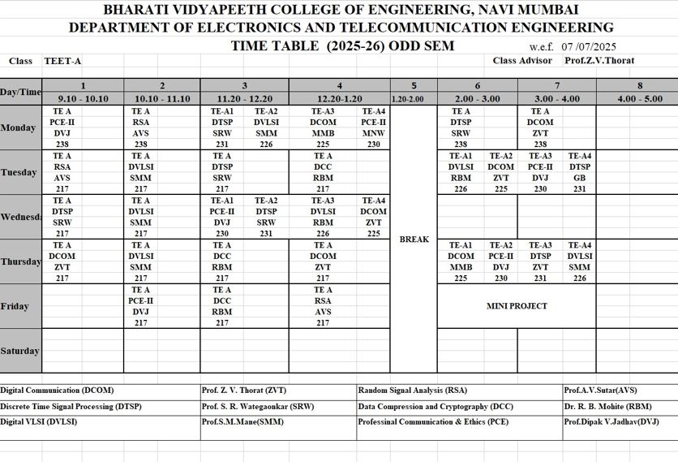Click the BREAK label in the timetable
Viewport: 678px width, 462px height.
pos(414,240)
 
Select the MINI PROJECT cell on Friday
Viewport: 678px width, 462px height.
pos(517,306)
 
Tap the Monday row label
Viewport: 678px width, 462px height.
pos(18,128)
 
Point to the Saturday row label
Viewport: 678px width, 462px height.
pos(19,351)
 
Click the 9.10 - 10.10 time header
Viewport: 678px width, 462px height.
pos(83,98)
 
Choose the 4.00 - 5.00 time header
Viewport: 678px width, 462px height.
pos(639,98)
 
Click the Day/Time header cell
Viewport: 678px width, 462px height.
pos(20,92)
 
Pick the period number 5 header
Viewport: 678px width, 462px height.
pos(414,85)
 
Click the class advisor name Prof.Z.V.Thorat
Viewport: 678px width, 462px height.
pos(599,60)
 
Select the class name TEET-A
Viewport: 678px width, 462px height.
pos(62,61)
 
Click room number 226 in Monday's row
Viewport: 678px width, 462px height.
pos(266,144)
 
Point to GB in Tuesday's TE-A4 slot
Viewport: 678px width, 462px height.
pos(579,177)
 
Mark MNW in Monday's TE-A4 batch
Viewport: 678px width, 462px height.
pos(374,133)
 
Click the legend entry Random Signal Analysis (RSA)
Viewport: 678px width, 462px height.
pos(412,391)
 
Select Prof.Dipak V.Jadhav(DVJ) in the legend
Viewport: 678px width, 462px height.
pos(611,422)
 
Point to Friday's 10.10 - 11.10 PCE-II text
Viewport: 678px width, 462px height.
pos(141,300)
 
